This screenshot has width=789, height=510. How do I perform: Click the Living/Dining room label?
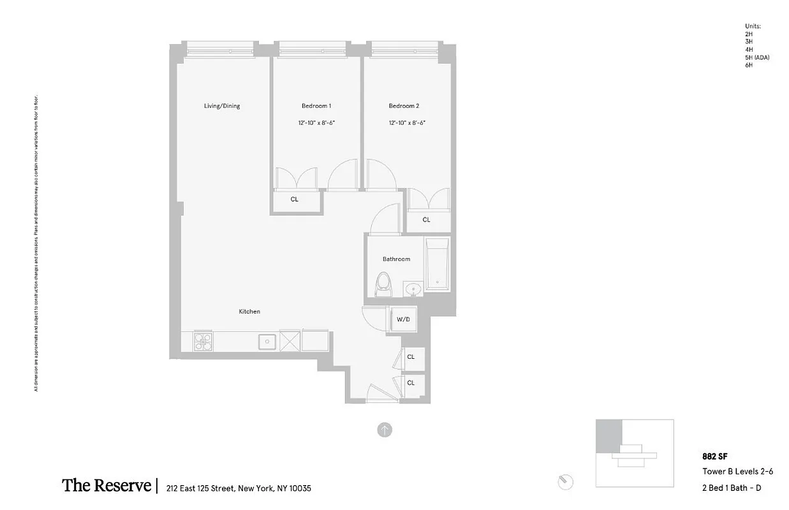[x=221, y=106]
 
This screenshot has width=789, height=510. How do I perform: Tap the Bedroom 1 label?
[x=316, y=106]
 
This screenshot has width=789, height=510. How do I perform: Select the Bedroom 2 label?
[x=404, y=106]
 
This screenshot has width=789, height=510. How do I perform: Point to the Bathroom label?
[x=396, y=259]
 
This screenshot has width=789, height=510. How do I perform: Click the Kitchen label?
[x=249, y=311]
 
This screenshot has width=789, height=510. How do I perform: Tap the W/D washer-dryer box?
[x=403, y=319]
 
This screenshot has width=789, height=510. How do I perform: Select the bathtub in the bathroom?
[x=438, y=265]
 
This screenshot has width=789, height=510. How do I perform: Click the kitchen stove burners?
[x=202, y=342]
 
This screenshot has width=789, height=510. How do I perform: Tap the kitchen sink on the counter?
[x=267, y=342]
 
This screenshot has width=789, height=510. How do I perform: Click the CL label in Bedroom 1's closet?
[x=294, y=199]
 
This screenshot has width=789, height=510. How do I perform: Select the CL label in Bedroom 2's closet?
[x=426, y=220]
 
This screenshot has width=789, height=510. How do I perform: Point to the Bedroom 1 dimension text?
[x=316, y=122]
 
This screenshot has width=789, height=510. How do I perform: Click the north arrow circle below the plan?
[x=385, y=430]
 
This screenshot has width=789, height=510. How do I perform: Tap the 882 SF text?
[x=714, y=456]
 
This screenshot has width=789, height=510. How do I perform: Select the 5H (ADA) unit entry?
[x=757, y=58]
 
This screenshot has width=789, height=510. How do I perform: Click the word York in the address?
[x=263, y=489]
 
